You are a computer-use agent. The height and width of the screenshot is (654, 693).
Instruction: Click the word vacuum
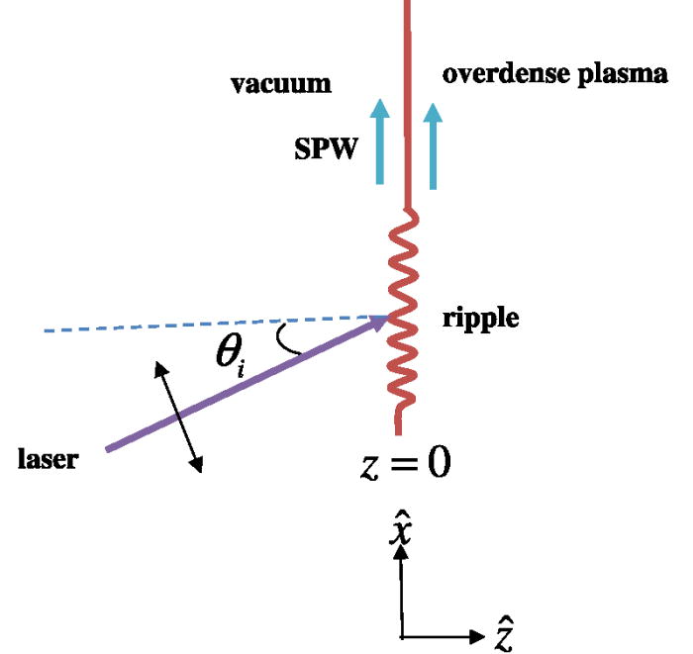tap(281, 84)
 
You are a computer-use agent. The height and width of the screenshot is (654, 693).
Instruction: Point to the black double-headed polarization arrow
tap(178, 417)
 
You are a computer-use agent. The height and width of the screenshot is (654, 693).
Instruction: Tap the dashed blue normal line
tap(198, 325)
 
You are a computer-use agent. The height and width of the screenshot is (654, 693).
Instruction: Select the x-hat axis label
tap(401, 526)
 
